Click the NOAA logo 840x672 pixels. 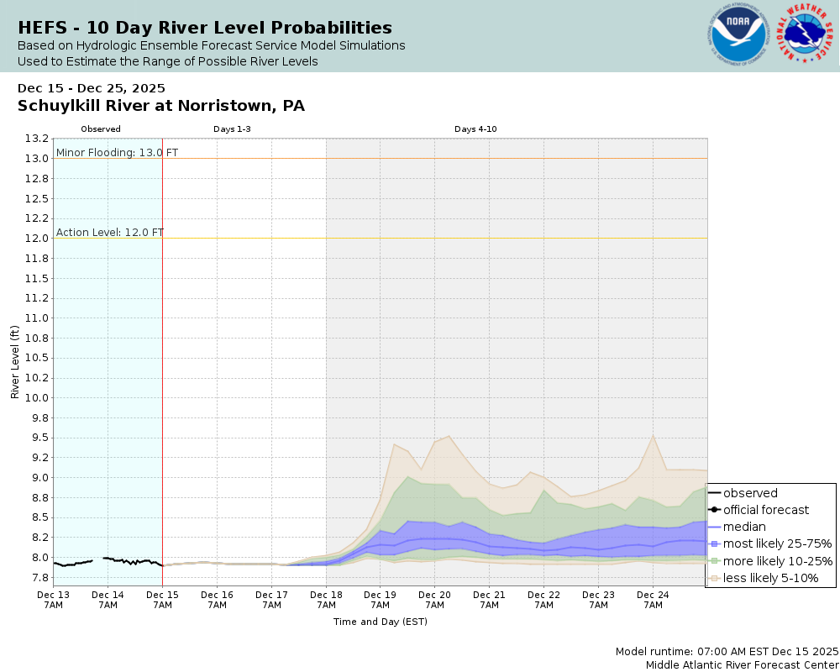click(738, 36)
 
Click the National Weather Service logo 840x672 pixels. click(805, 35)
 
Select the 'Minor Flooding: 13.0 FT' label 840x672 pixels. click(117, 152)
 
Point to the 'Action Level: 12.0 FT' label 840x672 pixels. click(110, 232)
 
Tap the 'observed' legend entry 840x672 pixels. click(750, 493)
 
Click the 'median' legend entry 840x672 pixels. click(744, 527)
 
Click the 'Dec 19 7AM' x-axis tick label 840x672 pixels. click(380, 600)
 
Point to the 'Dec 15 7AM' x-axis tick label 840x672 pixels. click(162, 600)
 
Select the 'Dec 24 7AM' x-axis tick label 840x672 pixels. click(652, 600)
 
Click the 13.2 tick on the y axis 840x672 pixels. click(37, 139)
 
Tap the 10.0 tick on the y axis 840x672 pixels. click(37, 397)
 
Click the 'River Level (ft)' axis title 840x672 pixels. click(14, 361)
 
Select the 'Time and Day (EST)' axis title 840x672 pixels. click(380, 622)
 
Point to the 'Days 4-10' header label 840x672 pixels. click(476, 129)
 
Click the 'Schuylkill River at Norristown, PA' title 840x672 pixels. click(161, 106)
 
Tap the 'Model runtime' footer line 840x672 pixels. click(727, 651)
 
